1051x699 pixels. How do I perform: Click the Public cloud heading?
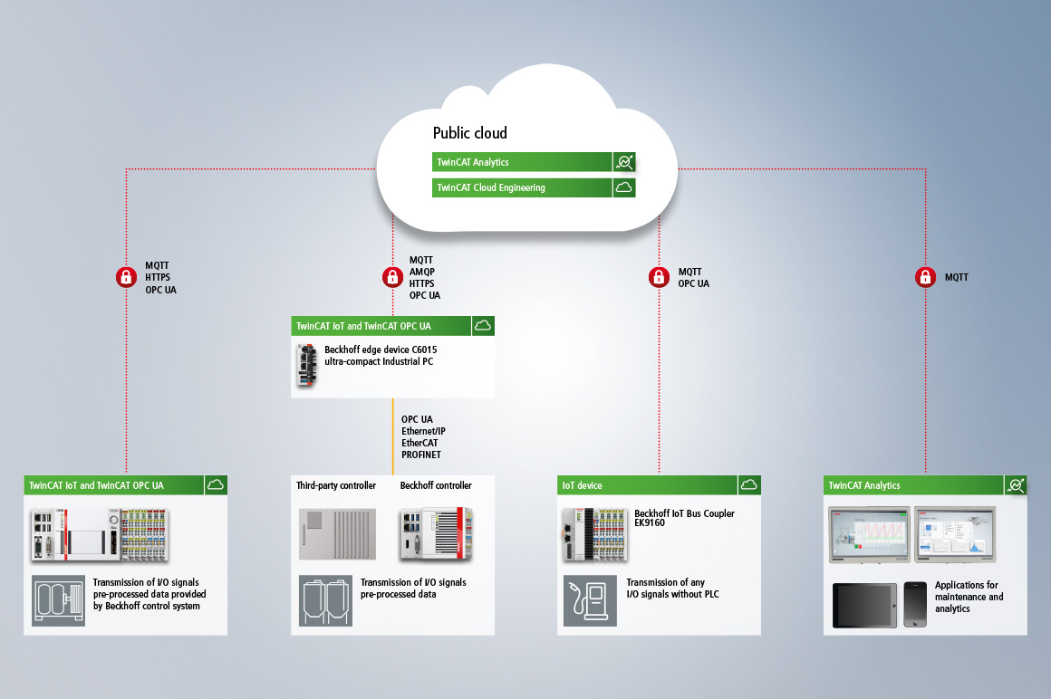click(x=469, y=133)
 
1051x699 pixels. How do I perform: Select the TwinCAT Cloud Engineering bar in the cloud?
click(x=522, y=187)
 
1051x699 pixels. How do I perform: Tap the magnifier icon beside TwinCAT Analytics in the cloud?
click(x=624, y=162)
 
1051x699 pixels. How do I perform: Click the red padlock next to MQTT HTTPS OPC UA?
click(x=126, y=277)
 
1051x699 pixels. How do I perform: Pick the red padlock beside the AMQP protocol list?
click(x=391, y=277)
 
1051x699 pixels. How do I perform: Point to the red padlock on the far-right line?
click(x=925, y=277)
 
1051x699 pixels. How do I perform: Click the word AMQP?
click(x=421, y=272)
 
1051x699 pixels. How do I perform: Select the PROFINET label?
click(x=420, y=455)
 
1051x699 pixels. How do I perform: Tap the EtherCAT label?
click(x=420, y=443)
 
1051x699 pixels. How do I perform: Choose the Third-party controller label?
click(x=335, y=485)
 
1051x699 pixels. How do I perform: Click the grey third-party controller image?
click(x=336, y=533)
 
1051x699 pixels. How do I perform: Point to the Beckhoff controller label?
click(x=436, y=485)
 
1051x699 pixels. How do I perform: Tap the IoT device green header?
click(x=647, y=485)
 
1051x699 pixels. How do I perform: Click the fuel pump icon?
click(x=590, y=599)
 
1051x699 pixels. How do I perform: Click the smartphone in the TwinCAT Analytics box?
click(x=915, y=604)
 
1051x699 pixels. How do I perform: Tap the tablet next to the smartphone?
click(x=865, y=605)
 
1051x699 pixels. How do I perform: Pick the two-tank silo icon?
click(x=326, y=599)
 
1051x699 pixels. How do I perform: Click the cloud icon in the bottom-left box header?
click(x=216, y=484)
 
